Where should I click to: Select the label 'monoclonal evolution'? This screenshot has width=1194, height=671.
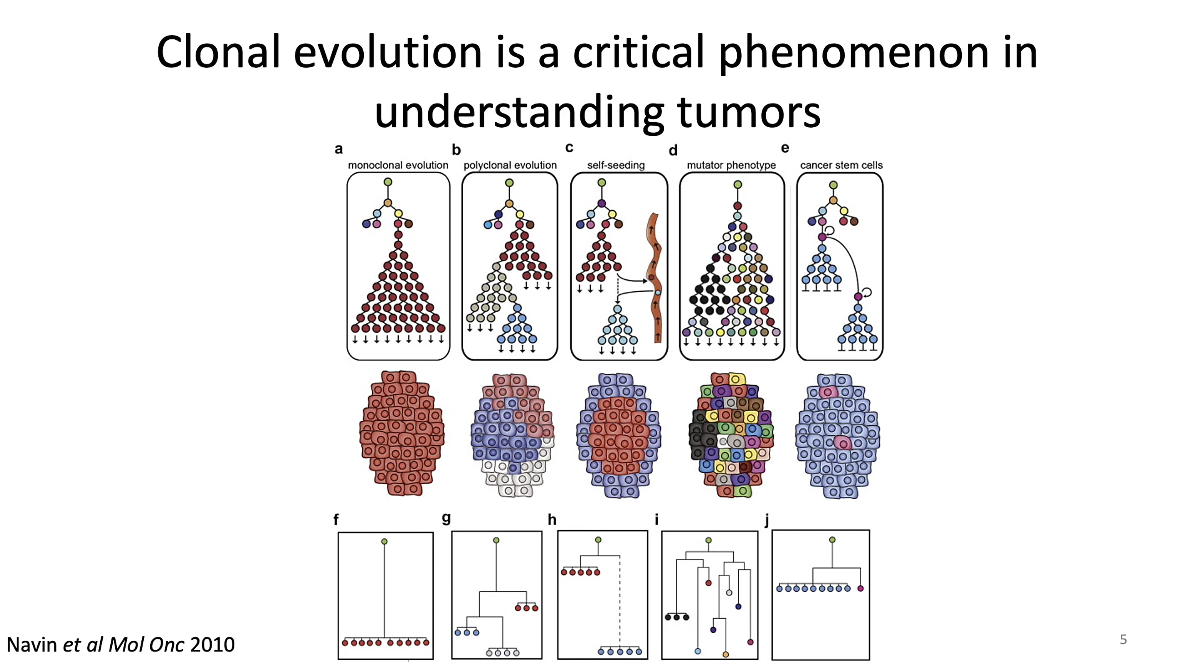[x=398, y=165]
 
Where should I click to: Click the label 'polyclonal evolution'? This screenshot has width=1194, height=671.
[x=510, y=165]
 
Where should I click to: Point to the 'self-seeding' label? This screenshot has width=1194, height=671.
[x=616, y=165]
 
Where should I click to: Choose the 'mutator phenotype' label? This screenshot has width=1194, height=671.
[x=731, y=165]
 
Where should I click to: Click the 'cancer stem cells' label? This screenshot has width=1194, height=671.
[x=841, y=165]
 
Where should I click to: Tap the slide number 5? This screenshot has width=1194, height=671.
[x=1123, y=639]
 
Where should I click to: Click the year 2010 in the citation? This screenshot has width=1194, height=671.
[x=212, y=644]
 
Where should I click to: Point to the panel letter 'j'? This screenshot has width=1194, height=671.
[x=767, y=521]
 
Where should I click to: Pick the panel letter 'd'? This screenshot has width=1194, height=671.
[x=673, y=150]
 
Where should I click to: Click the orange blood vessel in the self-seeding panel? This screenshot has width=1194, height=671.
[x=654, y=278]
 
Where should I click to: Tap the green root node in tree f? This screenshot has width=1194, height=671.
[x=384, y=541]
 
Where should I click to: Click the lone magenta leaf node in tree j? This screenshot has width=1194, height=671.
[x=860, y=589]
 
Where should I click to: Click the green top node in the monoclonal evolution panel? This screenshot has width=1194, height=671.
[x=388, y=182]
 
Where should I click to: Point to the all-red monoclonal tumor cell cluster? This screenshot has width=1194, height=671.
[x=402, y=433]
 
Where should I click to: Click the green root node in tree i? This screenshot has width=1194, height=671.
[x=708, y=540]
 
